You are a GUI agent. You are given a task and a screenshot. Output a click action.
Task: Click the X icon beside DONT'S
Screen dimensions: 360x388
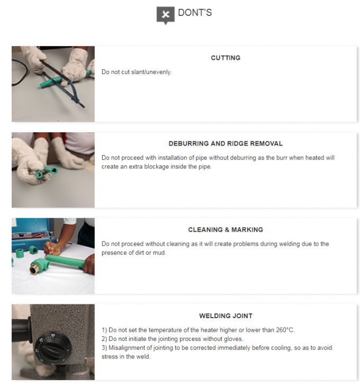coord(166,15)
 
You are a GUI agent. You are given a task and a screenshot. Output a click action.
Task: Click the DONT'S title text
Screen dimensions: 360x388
coord(195,13)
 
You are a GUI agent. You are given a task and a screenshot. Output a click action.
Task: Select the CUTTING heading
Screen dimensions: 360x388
coord(226,58)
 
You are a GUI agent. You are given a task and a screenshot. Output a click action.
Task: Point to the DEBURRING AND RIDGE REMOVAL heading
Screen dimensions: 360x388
coord(226,144)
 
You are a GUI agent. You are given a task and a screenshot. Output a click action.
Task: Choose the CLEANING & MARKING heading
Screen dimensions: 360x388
coord(226,230)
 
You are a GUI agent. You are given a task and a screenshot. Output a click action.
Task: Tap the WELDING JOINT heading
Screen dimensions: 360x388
coord(226,316)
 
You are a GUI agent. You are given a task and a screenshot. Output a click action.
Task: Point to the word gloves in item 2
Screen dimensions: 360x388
coord(233,339)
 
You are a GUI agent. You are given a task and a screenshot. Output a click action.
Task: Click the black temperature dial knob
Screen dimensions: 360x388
coord(51,349)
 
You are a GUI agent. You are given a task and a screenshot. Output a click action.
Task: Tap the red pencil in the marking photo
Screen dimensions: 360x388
coord(50,246)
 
